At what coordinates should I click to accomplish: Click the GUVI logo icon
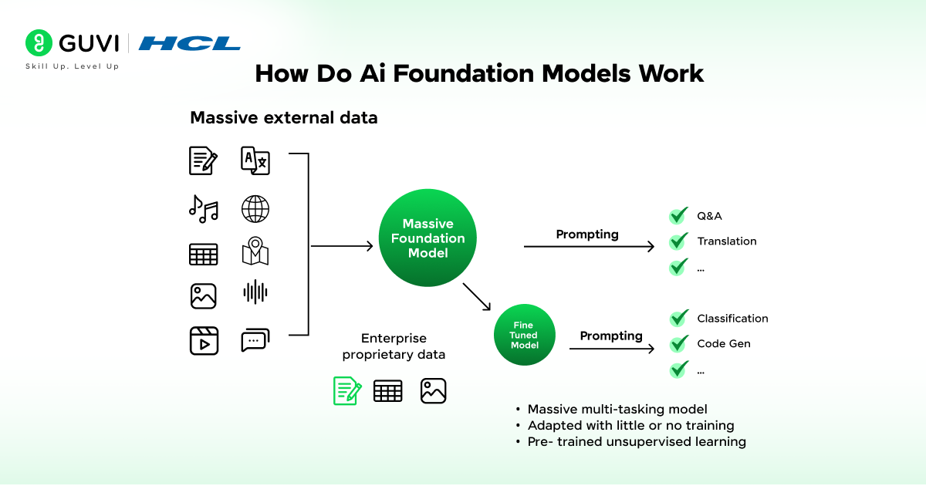39,43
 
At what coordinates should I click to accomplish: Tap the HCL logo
190,43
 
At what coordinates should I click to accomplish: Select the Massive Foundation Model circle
428,238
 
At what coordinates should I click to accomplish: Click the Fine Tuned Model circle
524,336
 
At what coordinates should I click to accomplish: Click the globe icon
255,209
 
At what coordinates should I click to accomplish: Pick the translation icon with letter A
255,160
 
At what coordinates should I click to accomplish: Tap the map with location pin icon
255,251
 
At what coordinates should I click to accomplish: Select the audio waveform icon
255,292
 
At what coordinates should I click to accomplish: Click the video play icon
204,340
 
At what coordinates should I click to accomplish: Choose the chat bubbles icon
255,340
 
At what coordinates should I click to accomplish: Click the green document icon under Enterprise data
346,390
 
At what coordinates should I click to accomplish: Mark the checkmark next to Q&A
678,216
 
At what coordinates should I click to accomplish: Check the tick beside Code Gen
678,344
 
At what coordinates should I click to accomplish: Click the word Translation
726,241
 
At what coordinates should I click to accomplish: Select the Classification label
732,319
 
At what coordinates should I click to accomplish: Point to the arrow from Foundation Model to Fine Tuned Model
477,297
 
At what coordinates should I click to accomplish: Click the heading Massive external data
284,118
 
